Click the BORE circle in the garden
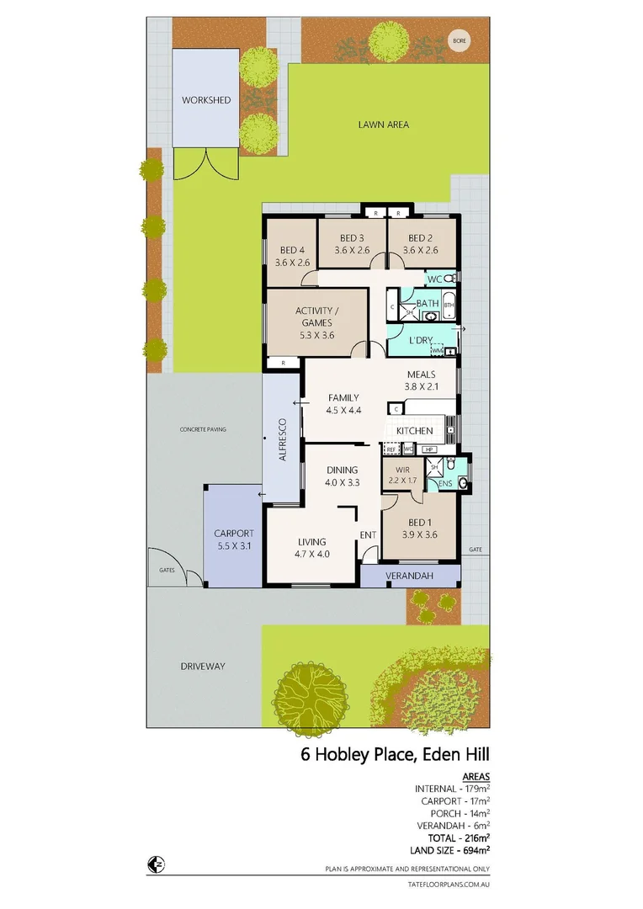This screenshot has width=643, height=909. point(458,40)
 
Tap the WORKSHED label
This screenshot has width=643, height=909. point(206,100)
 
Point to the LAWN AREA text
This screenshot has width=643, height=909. point(383,125)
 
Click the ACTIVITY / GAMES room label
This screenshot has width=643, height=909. point(313,316)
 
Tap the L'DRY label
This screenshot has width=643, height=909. point(421,340)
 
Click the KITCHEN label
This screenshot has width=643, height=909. point(415,431)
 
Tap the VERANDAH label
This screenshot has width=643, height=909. point(409,576)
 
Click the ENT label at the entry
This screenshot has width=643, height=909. point(368,534)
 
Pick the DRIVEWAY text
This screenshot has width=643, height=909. point(203,667)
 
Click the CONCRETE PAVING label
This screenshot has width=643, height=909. point(203,429)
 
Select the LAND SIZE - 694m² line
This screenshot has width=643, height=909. point(449,850)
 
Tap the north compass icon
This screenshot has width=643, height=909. point(155,864)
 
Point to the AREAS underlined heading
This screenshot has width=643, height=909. point(476,775)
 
